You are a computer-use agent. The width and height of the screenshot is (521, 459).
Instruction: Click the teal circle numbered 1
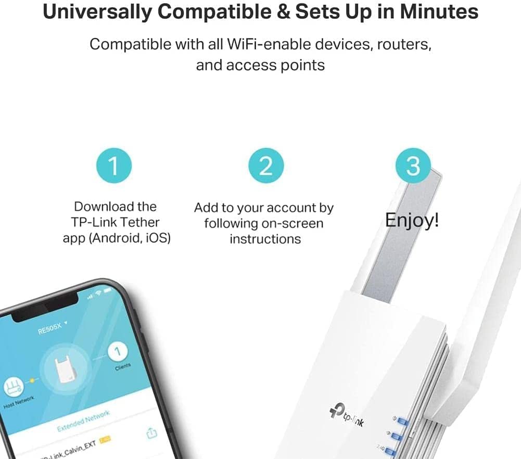click(114, 167)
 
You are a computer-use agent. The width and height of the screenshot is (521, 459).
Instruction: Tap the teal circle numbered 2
click(265, 167)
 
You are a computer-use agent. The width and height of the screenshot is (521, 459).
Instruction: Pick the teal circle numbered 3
click(412, 167)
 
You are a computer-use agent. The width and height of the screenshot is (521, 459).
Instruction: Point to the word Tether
click(139, 222)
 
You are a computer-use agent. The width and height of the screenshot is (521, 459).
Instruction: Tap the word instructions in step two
click(265, 239)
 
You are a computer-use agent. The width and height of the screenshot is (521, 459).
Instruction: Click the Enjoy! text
click(412, 220)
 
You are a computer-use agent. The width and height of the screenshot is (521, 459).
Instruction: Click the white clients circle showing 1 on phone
click(118, 352)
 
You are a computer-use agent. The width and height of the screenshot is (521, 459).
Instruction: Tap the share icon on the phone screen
click(151, 432)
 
